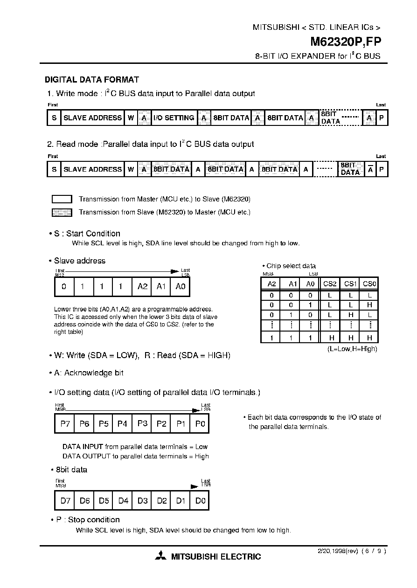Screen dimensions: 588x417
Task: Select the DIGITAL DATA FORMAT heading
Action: click(91, 80)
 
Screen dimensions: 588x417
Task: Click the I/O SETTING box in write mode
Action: click(174, 118)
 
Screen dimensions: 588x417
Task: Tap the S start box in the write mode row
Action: click(54, 118)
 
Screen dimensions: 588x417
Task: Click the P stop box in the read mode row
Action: click(382, 169)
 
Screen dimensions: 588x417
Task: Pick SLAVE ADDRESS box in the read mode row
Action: click(92, 169)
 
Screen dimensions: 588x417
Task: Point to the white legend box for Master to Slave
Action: click(62, 199)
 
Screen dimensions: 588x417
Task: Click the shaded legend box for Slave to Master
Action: click(62, 213)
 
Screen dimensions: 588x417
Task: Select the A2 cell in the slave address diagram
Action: click(142, 287)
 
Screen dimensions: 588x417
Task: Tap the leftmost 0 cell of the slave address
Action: click(64, 287)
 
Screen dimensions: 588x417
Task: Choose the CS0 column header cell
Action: click(369, 284)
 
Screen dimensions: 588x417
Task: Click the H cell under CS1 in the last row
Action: click(350, 338)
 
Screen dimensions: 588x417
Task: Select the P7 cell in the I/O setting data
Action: click(65, 424)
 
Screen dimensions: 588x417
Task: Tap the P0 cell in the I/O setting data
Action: click(200, 424)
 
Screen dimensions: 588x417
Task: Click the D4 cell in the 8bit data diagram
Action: click(123, 501)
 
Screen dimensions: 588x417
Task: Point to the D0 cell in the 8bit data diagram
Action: click(200, 501)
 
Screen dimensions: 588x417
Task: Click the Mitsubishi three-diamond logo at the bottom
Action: click(161, 556)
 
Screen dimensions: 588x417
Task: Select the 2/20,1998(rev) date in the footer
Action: click(334, 551)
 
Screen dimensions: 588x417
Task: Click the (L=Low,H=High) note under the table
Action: click(352, 349)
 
